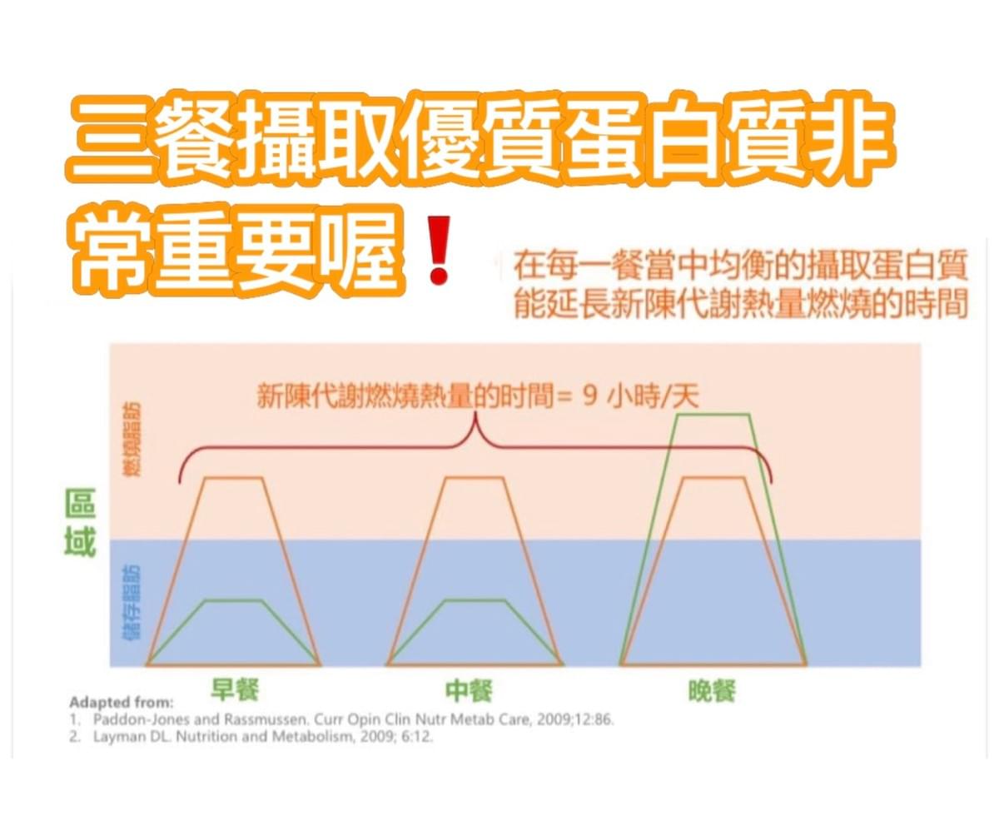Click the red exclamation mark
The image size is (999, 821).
439,250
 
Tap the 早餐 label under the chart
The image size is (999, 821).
235,689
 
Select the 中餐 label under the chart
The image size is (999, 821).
469,690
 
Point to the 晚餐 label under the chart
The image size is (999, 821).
712,691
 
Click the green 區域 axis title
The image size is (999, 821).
80,523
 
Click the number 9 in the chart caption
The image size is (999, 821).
589,396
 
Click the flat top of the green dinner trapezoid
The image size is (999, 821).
713,415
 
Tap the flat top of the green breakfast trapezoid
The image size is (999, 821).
234,600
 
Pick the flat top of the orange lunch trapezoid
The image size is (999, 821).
474,478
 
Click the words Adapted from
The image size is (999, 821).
122,702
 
